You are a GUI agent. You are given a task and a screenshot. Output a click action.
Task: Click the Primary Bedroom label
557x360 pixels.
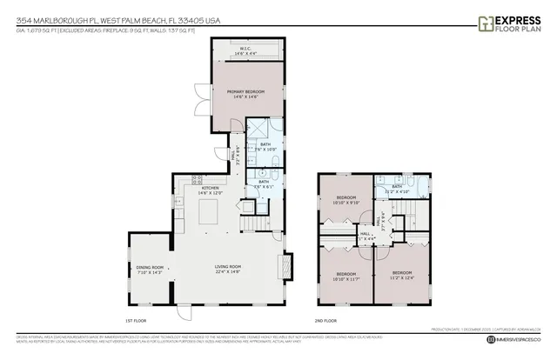[x=245, y=94]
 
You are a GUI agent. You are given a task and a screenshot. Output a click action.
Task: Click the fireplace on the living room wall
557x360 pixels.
[x=286, y=268]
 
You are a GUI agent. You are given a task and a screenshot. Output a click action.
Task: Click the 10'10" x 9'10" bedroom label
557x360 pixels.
[x=346, y=201]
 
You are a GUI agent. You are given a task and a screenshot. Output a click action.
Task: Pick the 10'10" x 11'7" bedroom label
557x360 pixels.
[x=346, y=277]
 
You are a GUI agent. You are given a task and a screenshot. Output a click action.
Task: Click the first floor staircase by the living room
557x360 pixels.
[x=250, y=225]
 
